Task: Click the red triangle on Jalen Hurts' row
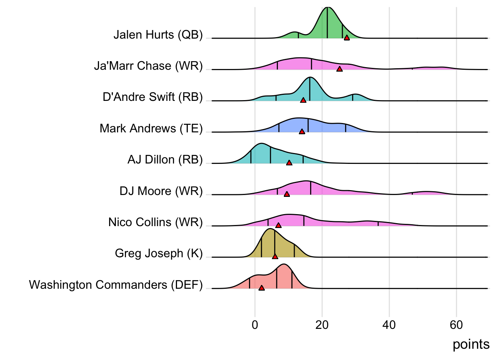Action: tap(347, 37)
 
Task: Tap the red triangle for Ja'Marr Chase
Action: tap(339, 69)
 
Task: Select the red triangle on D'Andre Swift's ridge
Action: tap(303, 100)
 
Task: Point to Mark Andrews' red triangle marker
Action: tap(302, 132)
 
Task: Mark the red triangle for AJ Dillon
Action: tap(289, 163)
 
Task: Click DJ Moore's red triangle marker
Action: tap(287, 194)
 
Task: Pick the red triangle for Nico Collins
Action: tap(278, 225)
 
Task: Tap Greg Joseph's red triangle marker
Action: tap(275, 256)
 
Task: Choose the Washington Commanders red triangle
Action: tap(261, 288)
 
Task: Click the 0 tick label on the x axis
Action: tap(255, 325)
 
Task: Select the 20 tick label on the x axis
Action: tap(322, 325)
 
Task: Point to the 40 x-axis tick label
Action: tap(389, 325)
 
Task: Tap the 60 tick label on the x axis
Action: tap(456, 325)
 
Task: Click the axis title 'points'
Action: tap(471, 344)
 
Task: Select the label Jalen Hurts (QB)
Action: tap(158, 35)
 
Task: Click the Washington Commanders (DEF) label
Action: tap(115, 285)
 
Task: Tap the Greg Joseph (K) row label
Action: tap(159, 253)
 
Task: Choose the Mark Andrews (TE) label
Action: tap(151, 129)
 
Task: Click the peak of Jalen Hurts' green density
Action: tap(327, 7)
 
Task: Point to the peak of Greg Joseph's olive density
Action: tap(270, 229)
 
